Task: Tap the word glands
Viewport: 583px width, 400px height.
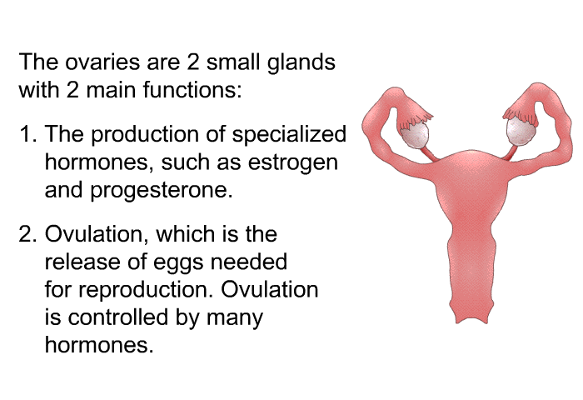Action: [x=301, y=62]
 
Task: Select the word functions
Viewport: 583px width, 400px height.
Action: [x=192, y=90]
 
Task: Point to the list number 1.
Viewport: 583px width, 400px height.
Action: [x=27, y=133]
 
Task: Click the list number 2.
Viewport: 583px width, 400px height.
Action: [x=27, y=234]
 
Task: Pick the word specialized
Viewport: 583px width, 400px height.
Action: [x=289, y=134]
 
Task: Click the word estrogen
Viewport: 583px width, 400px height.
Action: [x=293, y=163]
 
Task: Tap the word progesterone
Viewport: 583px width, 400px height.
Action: [x=162, y=192]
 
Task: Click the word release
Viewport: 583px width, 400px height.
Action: [x=83, y=262]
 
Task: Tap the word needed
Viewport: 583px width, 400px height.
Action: [x=249, y=262]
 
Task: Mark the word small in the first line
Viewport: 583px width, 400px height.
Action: [x=233, y=62]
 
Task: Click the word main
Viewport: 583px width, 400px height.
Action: [x=111, y=90]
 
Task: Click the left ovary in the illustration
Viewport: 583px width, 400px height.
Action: [x=415, y=136]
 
